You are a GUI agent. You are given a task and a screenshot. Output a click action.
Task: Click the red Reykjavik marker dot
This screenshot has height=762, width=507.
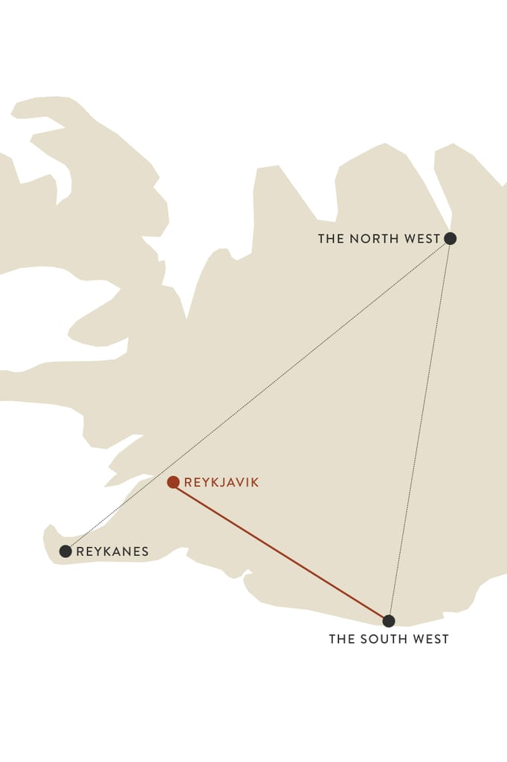pyautogui.click(x=173, y=482)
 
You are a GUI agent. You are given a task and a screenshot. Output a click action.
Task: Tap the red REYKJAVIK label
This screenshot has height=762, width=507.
pyautogui.click(x=222, y=482)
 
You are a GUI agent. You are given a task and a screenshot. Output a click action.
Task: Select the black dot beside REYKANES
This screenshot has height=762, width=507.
pyautogui.click(x=65, y=551)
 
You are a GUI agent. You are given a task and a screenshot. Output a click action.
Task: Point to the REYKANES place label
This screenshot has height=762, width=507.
pyautogui.click(x=112, y=551)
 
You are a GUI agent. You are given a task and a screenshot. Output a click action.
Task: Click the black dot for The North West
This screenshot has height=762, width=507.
pyautogui.click(x=450, y=239)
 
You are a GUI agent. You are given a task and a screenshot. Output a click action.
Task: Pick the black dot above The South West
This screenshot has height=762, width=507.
pyautogui.click(x=388, y=621)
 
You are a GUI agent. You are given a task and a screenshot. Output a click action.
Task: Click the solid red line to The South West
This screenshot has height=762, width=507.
pyautogui.click(x=281, y=551)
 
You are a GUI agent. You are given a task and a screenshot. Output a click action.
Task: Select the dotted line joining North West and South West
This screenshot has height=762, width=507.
pyautogui.click(x=419, y=430)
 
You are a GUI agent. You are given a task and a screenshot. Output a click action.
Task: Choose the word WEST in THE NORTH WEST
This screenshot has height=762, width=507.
pyautogui.click(x=423, y=239)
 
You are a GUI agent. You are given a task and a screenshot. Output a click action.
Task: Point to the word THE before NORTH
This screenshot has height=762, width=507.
pyautogui.click(x=331, y=239)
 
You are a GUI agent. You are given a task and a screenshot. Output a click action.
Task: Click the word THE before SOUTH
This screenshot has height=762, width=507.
pyautogui.click(x=342, y=639)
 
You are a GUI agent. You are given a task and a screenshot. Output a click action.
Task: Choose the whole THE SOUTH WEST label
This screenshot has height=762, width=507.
pyautogui.click(x=389, y=639)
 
